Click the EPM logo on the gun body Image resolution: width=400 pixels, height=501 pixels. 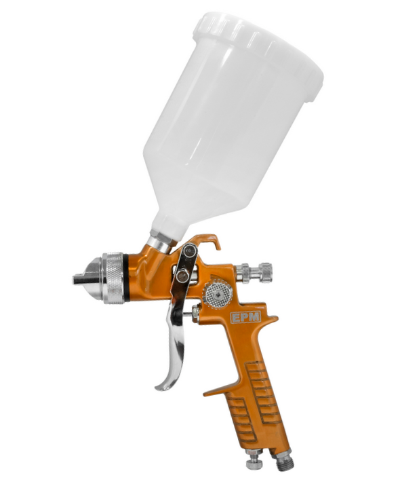[x=245, y=317]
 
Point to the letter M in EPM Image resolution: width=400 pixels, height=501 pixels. [x=254, y=317]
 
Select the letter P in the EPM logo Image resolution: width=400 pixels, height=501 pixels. [x=245, y=317]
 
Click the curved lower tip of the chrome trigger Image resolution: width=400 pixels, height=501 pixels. [x=161, y=388]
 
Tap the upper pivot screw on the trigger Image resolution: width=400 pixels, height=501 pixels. [x=190, y=250]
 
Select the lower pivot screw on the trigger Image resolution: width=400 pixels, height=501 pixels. [x=182, y=276]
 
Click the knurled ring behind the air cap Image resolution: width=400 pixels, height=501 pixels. [x=115, y=278]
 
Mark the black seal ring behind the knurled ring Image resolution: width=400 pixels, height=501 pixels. [x=126, y=278]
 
